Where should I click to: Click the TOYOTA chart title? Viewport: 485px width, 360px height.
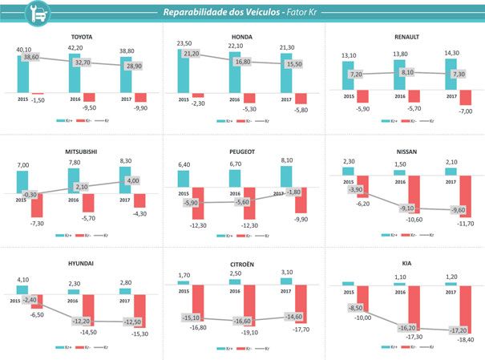[x=82, y=36]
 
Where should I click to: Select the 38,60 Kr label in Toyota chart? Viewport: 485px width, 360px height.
[x=30, y=58]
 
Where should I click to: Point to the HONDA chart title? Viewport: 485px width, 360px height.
[x=242, y=36]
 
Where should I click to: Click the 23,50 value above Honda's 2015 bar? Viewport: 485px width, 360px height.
[x=186, y=44]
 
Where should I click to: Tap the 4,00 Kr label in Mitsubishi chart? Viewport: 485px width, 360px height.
[x=132, y=180]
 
